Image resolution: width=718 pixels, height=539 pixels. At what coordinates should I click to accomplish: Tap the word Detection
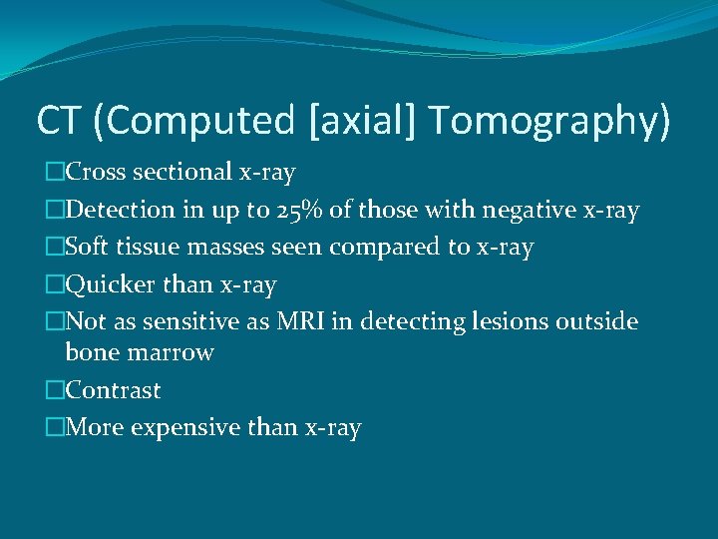click(x=119, y=211)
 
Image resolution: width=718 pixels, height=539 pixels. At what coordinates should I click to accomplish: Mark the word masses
click(x=226, y=248)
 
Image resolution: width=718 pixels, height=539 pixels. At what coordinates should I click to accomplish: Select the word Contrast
click(x=113, y=390)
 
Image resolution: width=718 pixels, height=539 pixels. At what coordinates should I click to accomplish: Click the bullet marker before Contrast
click(x=55, y=390)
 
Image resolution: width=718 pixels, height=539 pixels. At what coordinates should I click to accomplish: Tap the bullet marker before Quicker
click(x=55, y=285)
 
